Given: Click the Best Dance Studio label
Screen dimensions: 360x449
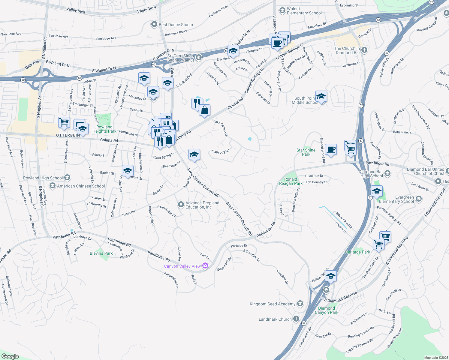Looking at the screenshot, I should pos(176,25).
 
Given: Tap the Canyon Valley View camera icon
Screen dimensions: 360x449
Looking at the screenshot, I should pos(205,266).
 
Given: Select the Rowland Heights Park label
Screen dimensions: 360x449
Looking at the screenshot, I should pos(104,129).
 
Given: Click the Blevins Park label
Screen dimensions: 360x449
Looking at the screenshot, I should pos(101,253).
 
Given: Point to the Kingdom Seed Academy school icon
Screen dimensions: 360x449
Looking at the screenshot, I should pos(300,304).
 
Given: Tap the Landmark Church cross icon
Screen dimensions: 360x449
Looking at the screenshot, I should pos(296,319).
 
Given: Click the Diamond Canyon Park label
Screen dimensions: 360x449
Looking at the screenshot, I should pos(327,310).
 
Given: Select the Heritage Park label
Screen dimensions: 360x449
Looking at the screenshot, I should pos(357,252).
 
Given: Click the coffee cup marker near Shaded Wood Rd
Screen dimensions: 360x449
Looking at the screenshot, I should pos(331,149).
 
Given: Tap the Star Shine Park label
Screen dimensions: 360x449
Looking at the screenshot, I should pos(306,152).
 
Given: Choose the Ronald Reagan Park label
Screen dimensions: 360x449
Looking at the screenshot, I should pos(291,181).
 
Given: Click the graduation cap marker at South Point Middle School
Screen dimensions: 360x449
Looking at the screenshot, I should pos(321,97).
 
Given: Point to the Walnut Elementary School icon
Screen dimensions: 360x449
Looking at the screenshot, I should pos(282,11).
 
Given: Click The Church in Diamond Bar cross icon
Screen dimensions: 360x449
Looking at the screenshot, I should pos(364,50).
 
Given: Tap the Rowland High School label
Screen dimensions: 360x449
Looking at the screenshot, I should pos(43,178).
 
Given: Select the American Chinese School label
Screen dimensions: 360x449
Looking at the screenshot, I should pos(81,186).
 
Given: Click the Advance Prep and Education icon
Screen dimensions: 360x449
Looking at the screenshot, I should pos(181,205).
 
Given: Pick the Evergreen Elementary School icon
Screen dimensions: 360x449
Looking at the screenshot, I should pos(419,199).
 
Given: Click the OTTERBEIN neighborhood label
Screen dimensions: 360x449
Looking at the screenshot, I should pos(68,135).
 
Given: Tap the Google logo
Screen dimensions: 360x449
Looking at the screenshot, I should pos(10,356).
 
